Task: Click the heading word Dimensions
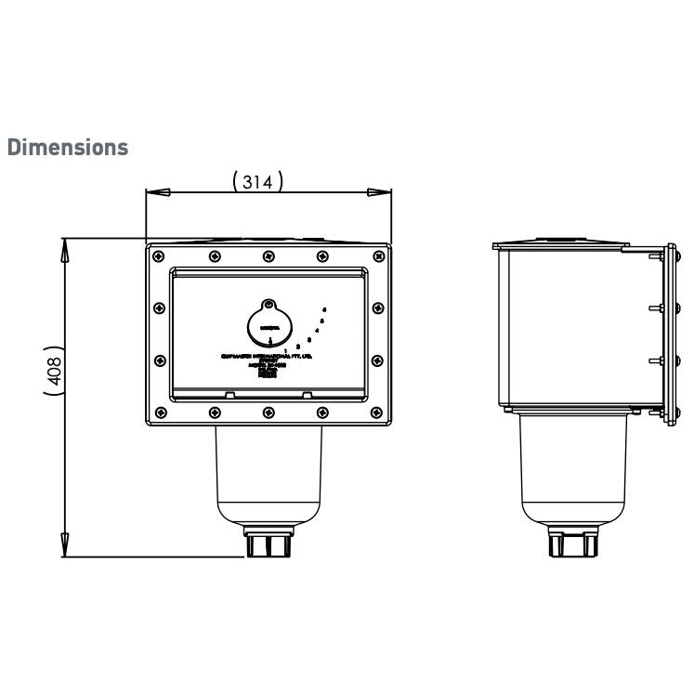[x=67, y=148]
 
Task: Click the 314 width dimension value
[x=256, y=182]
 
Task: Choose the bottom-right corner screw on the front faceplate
[x=377, y=412]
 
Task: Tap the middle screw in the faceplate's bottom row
[x=268, y=412]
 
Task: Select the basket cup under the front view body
[x=269, y=478]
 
